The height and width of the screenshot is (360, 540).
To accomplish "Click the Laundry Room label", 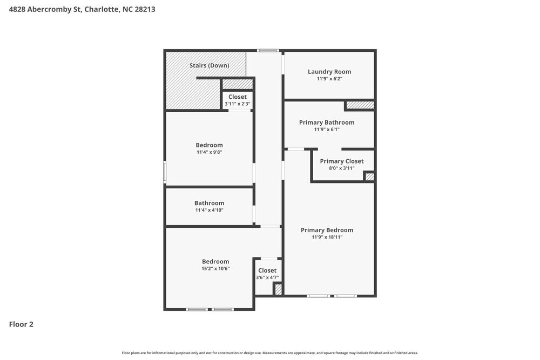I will point(329,71).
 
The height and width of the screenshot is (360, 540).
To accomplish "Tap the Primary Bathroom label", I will point(327,123).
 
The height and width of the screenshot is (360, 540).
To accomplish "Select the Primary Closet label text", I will point(342,161).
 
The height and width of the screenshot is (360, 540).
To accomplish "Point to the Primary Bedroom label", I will point(327,230).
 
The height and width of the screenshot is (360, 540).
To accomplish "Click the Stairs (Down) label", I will point(209,65).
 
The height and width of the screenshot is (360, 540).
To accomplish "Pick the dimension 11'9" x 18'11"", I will point(327,237).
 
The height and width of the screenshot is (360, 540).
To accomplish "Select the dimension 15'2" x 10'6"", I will point(215,268).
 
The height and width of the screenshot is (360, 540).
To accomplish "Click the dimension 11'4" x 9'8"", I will point(209,152).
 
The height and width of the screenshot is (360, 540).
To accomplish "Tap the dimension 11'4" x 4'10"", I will point(209,210).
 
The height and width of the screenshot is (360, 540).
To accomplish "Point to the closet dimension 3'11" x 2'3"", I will point(238,104).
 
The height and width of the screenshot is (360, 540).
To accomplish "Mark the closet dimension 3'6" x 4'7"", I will point(267,277).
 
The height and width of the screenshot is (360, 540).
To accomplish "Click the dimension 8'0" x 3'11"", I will point(342,168).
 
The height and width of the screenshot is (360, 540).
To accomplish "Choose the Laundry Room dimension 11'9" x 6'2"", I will point(329,79).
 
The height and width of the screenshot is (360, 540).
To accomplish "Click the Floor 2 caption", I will point(21,324).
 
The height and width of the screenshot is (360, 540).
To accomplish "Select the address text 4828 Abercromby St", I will point(45,9).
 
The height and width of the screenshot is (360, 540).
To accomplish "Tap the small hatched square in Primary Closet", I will point(369,176).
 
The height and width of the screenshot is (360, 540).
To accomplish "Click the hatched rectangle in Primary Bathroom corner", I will point(360,105).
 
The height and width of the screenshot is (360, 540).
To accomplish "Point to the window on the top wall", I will point(267,51).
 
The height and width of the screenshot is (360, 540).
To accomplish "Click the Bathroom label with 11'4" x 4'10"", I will point(209,203).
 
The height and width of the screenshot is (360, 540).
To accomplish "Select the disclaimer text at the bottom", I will point(270,352).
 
